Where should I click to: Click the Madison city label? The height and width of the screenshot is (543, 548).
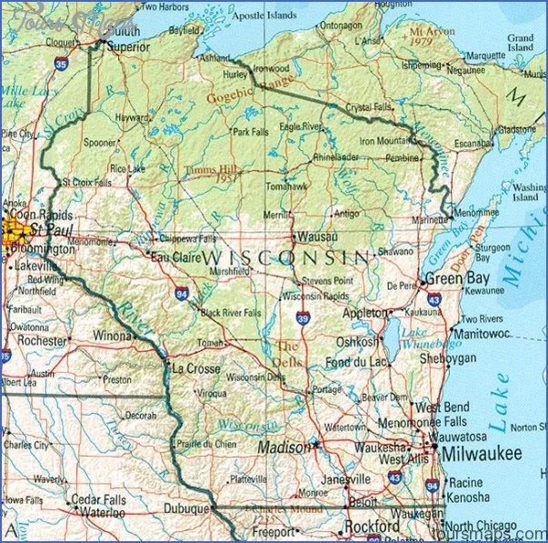(x=283, y=447)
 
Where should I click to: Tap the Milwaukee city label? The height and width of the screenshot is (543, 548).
(x=483, y=453)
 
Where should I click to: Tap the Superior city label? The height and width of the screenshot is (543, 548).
(x=128, y=44)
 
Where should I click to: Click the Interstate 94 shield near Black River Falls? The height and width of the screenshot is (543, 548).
(x=182, y=294)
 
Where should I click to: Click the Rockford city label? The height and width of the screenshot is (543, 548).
(x=371, y=527)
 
